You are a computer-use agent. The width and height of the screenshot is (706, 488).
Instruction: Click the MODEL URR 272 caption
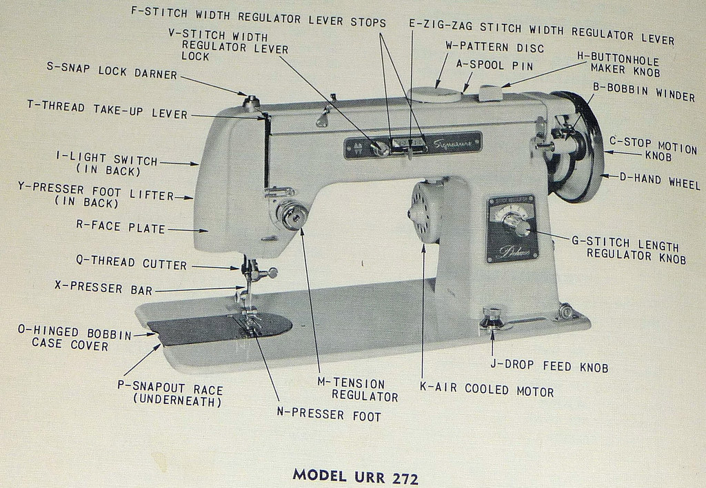tap(356, 475)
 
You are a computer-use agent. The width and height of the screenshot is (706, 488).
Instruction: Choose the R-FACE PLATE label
tap(121, 229)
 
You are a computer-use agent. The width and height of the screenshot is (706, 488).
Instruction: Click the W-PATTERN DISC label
tap(494, 48)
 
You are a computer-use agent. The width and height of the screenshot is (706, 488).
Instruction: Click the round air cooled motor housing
tap(425, 212)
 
